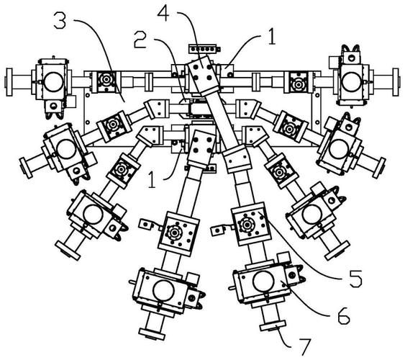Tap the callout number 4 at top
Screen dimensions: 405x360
click(163, 13)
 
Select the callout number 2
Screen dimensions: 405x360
click(140, 40)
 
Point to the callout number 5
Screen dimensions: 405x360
click(356, 279)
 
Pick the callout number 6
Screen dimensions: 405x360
click(344, 315)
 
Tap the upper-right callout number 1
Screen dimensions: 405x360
click(272, 37)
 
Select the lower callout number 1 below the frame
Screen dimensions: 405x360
click(152, 180)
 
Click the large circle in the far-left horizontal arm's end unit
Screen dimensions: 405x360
click(54, 81)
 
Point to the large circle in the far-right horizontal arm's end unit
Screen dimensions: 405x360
click(351, 82)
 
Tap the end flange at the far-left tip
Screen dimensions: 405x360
click(9, 82)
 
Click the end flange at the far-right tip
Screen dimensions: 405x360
click(396, 82)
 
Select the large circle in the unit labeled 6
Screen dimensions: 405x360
click(264, 282)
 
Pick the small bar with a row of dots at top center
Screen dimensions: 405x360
click(205, 48)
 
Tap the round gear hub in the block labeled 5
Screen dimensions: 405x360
click(247, 224)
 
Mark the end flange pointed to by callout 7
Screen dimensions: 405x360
click(273, 326)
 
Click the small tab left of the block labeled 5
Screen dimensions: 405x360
click(217, 230)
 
